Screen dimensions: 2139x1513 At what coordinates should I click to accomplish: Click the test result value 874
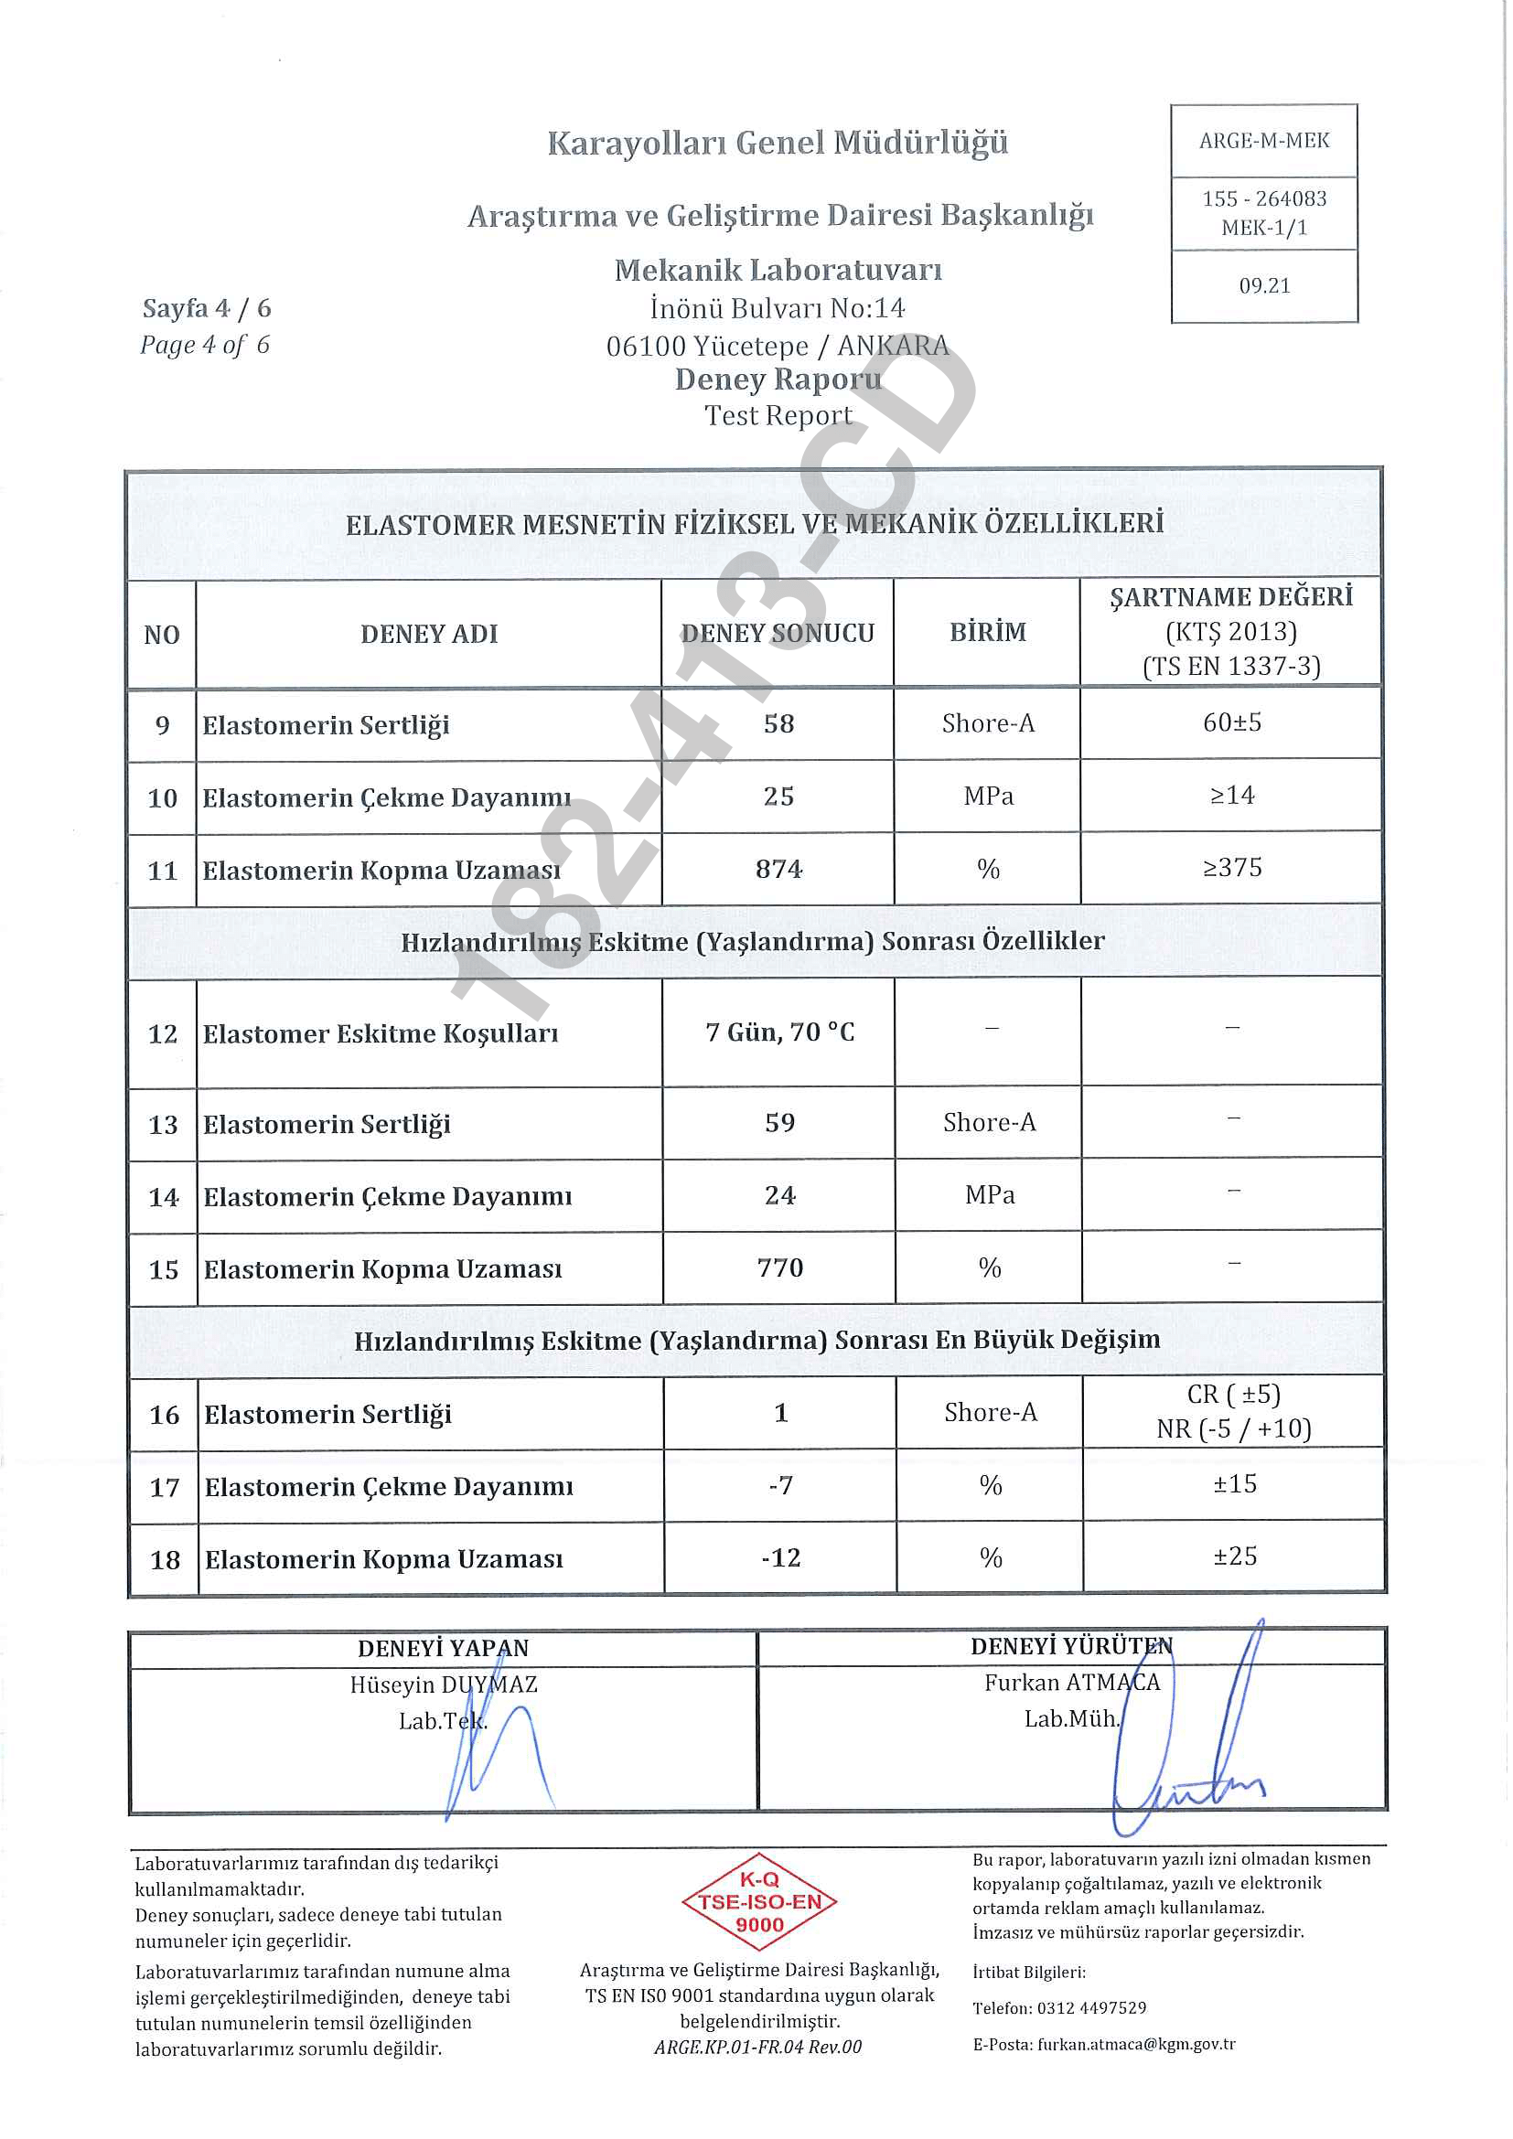tap(778, 869)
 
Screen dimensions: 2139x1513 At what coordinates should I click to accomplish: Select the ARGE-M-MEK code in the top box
tap(1263, 141)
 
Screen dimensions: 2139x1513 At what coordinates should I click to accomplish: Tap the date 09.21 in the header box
tap(1264, 286)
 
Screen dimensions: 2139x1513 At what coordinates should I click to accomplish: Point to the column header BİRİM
tap(988, 633)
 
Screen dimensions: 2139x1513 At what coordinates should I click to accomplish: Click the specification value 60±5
tap(1231, 723)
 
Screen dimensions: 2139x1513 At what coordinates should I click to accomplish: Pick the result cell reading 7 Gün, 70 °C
tap(779, 1032)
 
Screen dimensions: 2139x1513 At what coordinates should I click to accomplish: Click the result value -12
tap(780, 1557)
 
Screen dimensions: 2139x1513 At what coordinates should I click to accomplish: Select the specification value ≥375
tap(1231, 868)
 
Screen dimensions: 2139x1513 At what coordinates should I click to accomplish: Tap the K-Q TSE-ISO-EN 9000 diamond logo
tap(759, 1901)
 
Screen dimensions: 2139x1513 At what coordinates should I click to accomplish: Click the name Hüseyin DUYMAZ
tap(444, 1684)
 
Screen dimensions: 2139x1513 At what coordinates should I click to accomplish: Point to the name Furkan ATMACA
tap(1071, 1683)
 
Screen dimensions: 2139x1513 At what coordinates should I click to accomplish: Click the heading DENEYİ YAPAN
tap(443, 1648)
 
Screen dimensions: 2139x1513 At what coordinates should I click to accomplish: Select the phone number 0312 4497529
tap(1091, 2007)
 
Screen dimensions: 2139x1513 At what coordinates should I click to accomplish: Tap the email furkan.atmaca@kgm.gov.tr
tap(1136, 2044)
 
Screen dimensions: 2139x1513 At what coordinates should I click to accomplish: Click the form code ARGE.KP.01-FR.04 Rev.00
tap(757, 2047)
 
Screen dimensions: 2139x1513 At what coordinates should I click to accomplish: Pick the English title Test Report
tap(778, 415)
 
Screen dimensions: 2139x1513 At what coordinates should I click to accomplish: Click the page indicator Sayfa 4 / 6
tap(207, 308)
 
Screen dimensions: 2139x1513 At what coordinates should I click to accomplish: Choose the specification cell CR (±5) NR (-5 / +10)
tap(1233, 1411)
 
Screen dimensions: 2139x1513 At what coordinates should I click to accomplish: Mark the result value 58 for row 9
tap(778, 724)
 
